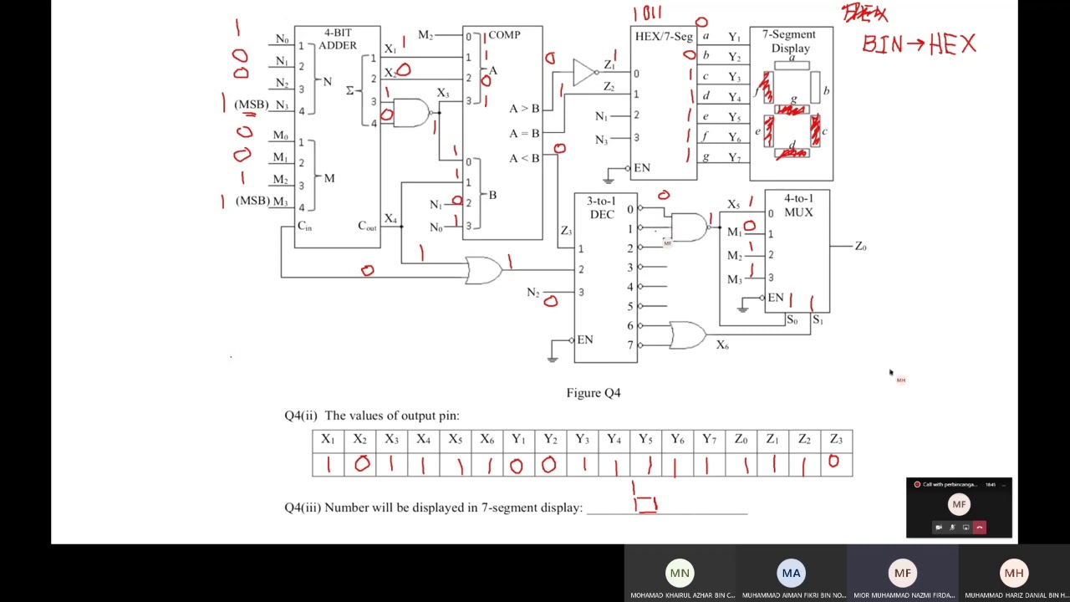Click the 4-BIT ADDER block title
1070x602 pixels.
338,39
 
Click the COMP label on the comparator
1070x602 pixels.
504,35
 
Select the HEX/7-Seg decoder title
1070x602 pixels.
663,37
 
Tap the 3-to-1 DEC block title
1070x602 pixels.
601,208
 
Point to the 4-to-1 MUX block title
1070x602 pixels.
798,206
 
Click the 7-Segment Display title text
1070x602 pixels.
790,41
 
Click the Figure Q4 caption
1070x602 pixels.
593,393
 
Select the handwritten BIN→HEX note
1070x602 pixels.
919,44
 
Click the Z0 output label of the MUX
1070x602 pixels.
860,246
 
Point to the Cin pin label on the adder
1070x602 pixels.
305,227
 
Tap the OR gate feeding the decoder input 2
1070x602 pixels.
484,270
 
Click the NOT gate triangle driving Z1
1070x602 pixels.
584,72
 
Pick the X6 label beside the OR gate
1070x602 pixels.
722,345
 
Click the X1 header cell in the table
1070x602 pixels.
328,440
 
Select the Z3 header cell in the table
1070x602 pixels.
836,440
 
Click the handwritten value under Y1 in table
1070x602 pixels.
517,465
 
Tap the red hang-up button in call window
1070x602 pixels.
979,528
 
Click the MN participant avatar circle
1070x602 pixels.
680,573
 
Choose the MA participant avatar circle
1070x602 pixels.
791,573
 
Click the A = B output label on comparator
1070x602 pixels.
524,134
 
